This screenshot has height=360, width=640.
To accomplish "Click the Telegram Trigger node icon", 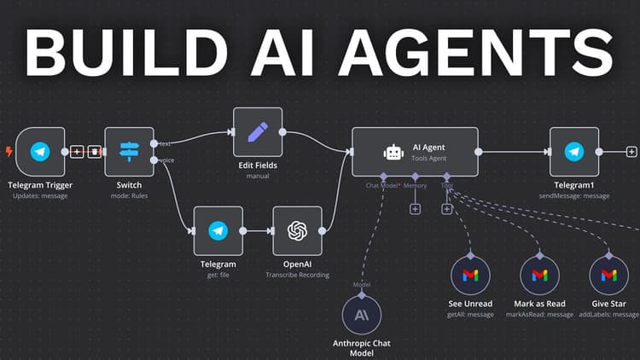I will coord(39,152).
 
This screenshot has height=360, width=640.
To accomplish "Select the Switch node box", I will coord(129,152).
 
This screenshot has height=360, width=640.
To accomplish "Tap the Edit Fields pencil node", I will coord(258,132).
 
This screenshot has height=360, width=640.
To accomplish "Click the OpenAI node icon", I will coord(297,230).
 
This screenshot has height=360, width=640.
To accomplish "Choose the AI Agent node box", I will coord(415,152).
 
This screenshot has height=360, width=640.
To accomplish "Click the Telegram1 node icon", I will coord(573,152).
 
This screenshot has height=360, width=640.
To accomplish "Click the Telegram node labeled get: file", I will coord(218,230).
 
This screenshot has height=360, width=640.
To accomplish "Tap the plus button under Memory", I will coord(416,208).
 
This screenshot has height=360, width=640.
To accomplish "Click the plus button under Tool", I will coord(447,208).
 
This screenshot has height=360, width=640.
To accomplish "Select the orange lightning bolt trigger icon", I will coord(9,152).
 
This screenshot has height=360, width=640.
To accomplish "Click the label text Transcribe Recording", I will coord(298,276).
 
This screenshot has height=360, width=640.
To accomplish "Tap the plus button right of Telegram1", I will coord(631,152).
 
